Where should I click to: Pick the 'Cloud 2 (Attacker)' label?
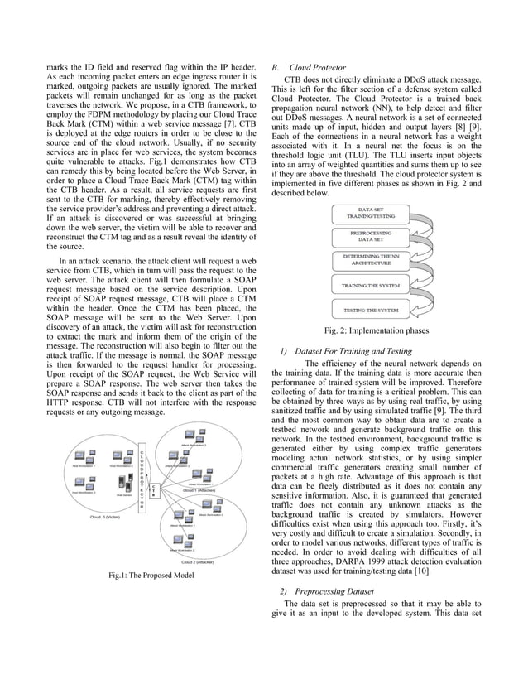[x=198, y=561]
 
